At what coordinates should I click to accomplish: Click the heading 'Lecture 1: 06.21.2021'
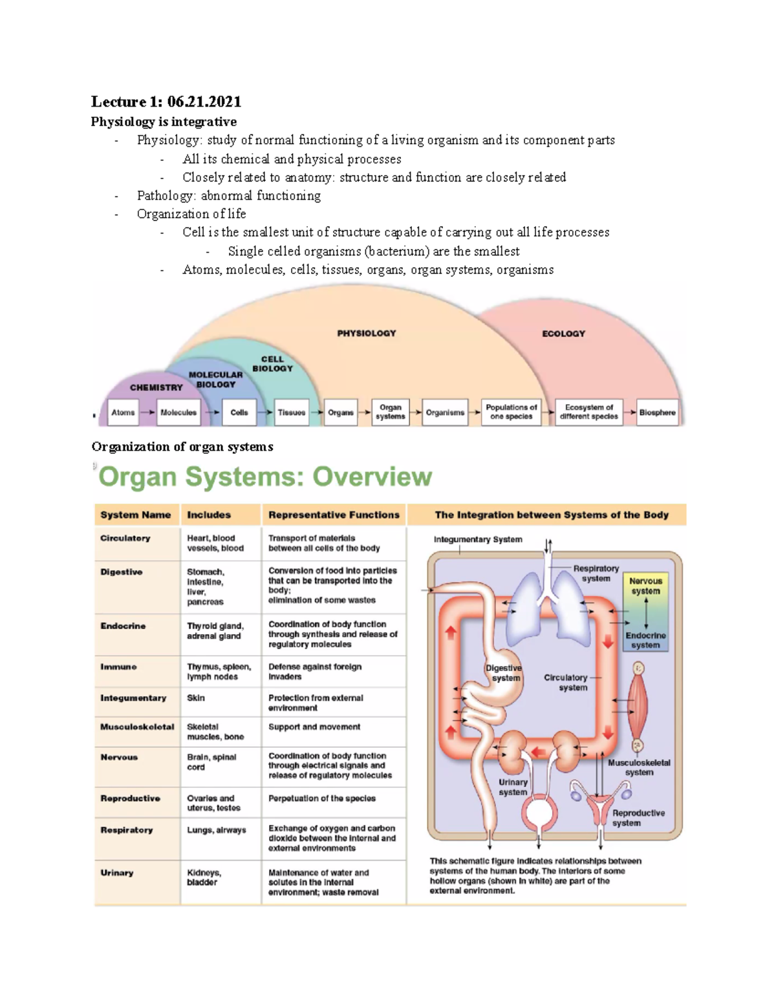tap(166, 101)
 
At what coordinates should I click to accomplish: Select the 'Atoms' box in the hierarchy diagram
tap(123, 412)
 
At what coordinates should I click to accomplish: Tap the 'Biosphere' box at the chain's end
tap(657, 412)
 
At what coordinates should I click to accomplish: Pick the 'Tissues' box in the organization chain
tap(292, 412)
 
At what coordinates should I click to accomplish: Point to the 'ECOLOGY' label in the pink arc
tap(563, 334)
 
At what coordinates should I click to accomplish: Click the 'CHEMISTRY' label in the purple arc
tap(156, 387)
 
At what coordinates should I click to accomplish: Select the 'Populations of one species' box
tap(511, 412)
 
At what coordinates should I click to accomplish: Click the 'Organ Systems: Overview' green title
tap(265, 477)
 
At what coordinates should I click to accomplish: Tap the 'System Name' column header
tap(136, 515)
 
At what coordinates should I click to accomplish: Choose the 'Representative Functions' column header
tap(334, 515)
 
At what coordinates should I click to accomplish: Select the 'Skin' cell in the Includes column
tap(196, 698)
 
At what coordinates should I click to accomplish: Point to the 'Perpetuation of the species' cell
tap(322, 798)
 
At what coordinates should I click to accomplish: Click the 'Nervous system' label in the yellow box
tap(645, 586)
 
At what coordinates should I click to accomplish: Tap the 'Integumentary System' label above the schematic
tap(478, 539)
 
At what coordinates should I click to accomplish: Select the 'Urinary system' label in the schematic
tap(513, 787)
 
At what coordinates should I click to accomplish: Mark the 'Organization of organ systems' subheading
tap(182, 447)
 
